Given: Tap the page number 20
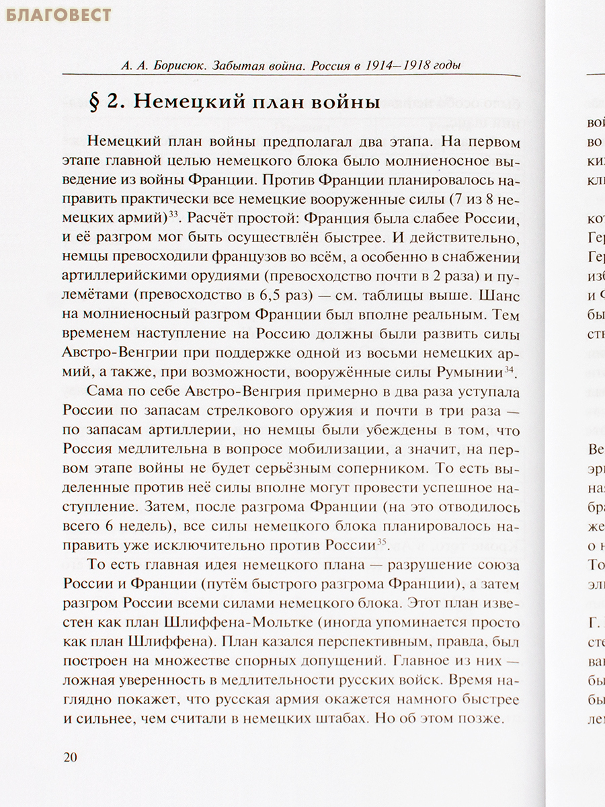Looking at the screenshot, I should tap(70, 757).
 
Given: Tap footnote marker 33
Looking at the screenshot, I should tap(172, 215).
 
